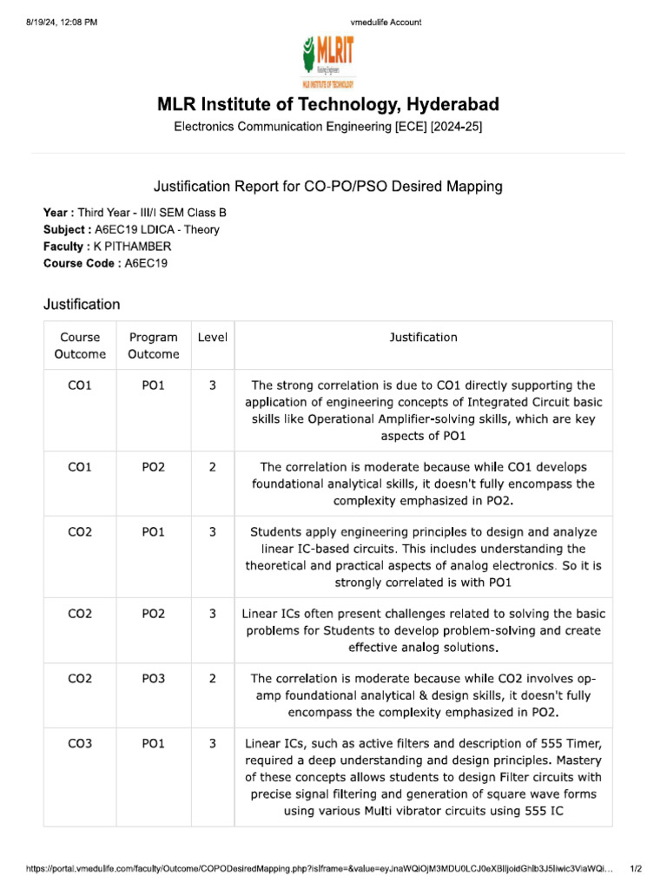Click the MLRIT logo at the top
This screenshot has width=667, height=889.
tap(327, 61)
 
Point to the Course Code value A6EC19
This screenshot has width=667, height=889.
tap(146, 264)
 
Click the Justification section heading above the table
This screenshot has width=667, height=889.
tap(82, 305)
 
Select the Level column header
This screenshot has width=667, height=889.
tap(213, 337)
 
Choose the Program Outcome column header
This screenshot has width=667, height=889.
tap(153, 346)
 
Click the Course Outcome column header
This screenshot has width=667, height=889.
tap(80, 346)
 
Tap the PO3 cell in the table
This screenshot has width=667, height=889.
tap(153, 678)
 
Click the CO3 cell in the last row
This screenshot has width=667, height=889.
tap(80, 743)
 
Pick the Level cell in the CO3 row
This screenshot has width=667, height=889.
tap(213, 743)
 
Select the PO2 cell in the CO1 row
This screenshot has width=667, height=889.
tap(153, 466)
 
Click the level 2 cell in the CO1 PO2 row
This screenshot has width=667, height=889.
tap(213, 466)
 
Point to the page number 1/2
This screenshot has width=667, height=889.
tap(635, 868)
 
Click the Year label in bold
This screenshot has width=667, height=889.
tap(57, 212)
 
